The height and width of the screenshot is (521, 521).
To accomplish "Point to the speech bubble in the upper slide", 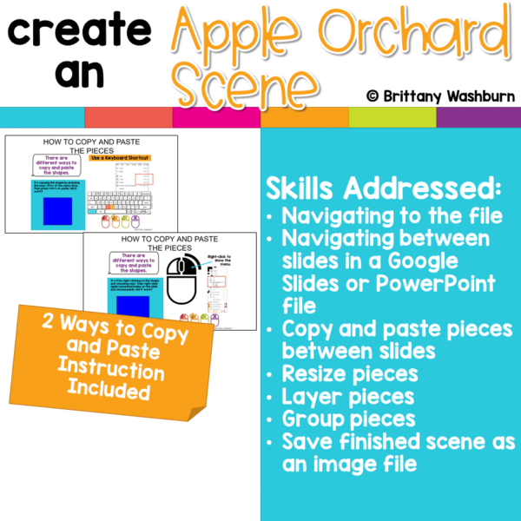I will (x=54, y=163).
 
